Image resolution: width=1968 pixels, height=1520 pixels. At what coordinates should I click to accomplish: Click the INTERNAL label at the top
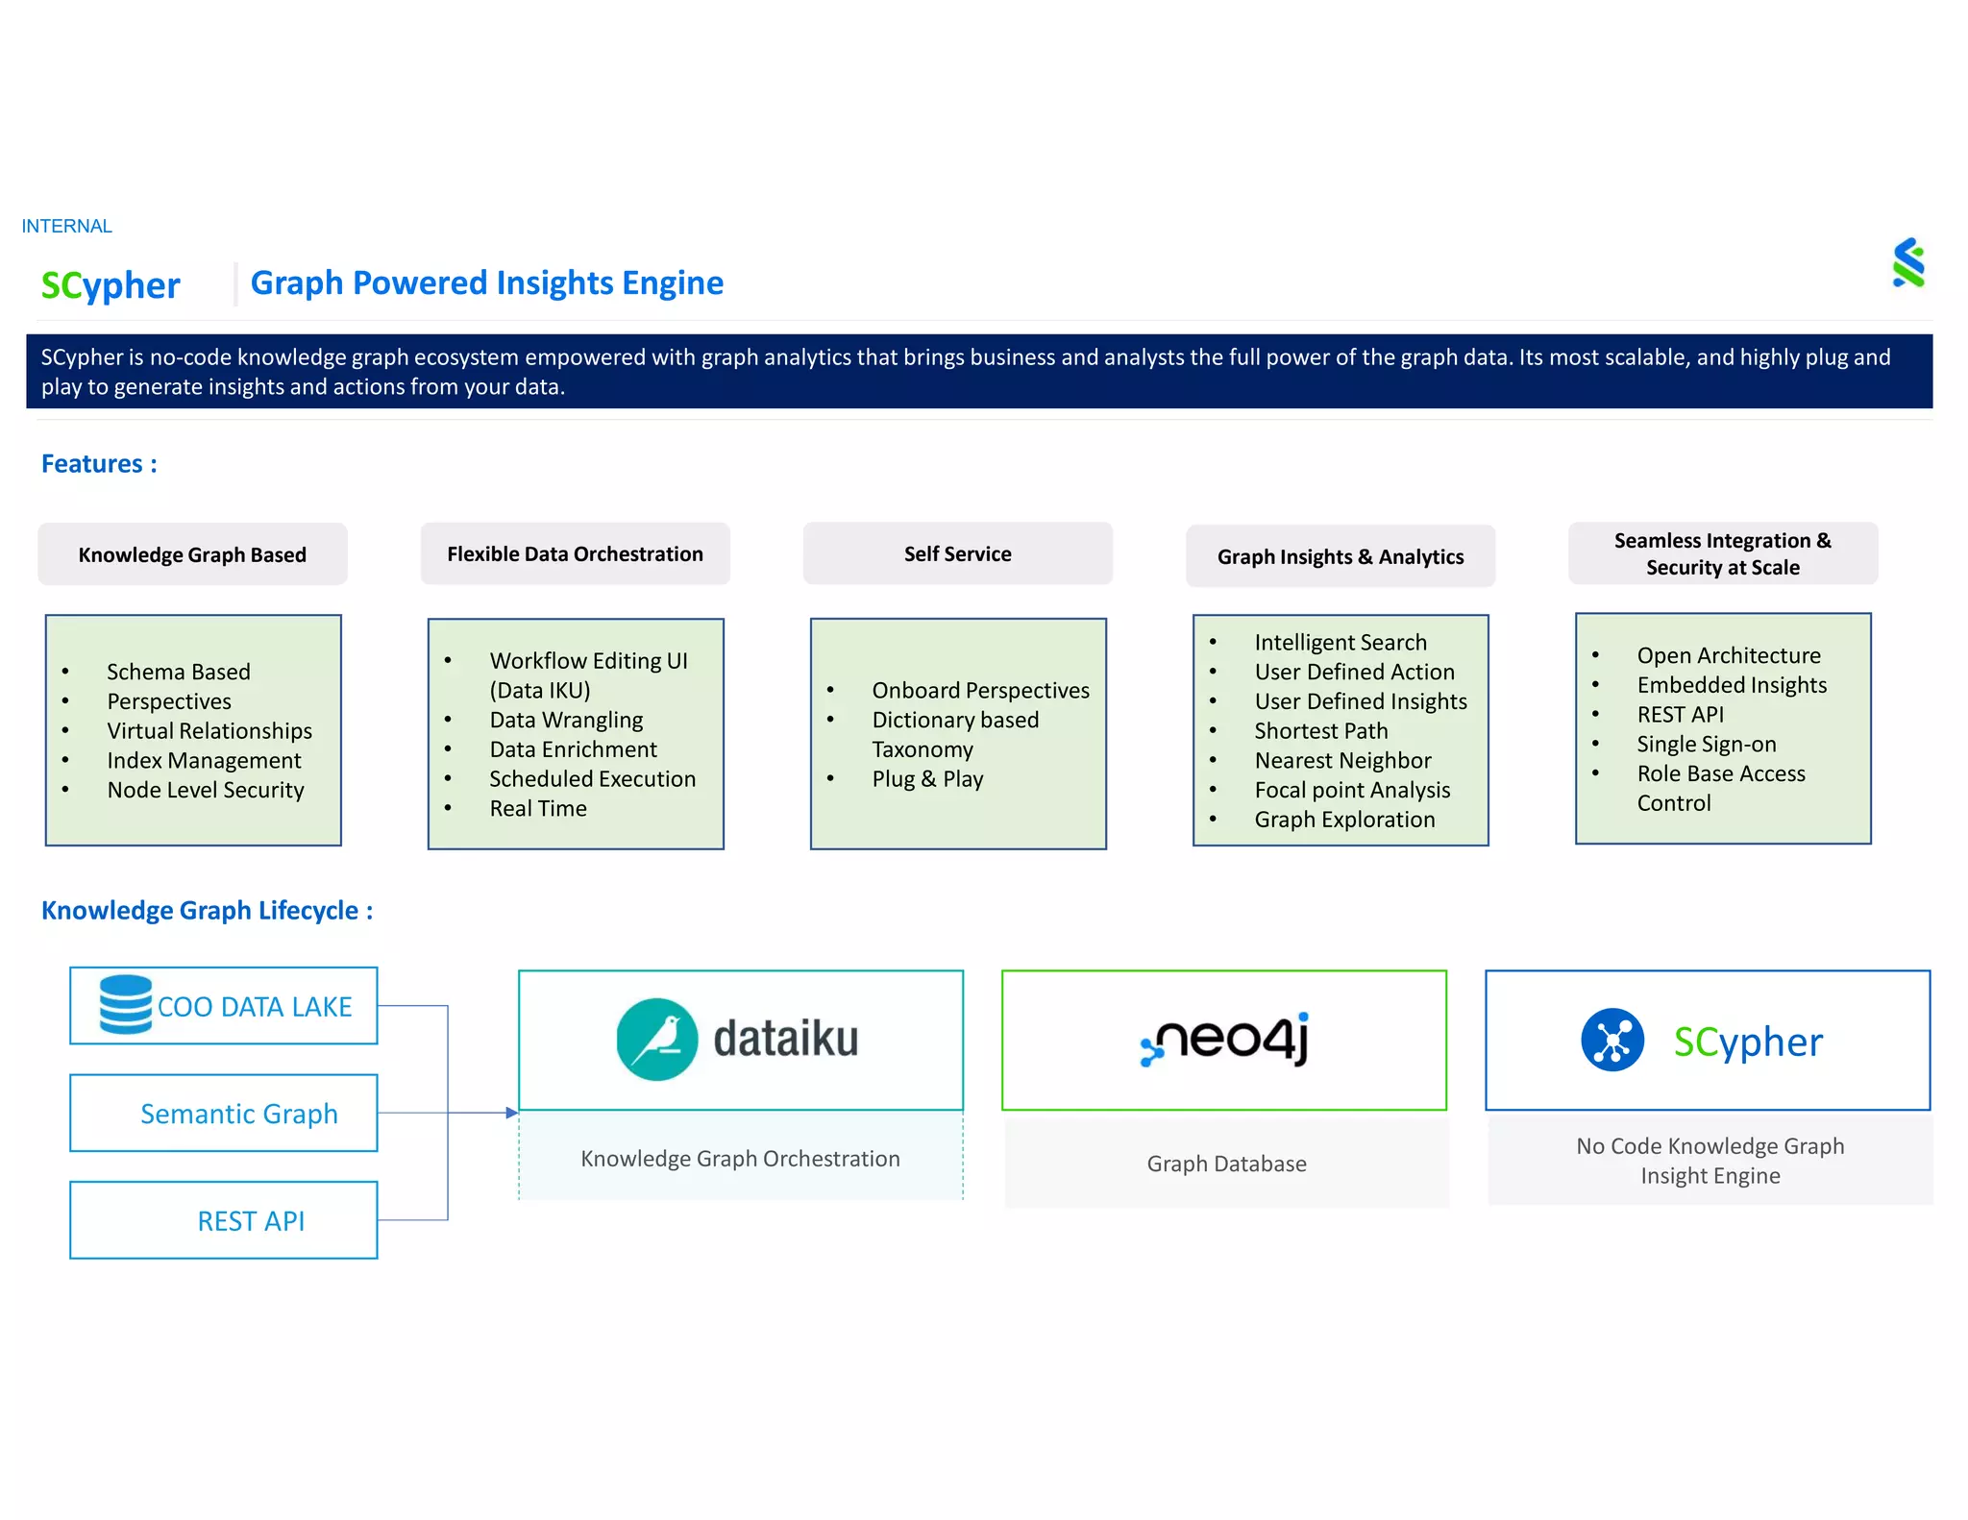coord(66,226)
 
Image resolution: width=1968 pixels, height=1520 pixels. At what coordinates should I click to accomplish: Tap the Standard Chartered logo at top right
coord(1907,263)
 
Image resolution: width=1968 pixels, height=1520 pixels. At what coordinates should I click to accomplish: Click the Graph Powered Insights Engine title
coord(486,282)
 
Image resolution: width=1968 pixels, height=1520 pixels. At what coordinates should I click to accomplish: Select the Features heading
coord(99,464)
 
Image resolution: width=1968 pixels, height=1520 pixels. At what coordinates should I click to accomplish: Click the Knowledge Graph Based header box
coord(192,554)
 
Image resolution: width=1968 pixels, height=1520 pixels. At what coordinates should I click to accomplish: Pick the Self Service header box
coord(957,553)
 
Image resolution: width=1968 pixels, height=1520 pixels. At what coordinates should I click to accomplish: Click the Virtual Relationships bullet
coord(209,730)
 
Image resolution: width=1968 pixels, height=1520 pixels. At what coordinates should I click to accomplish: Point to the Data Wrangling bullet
coord(565,720)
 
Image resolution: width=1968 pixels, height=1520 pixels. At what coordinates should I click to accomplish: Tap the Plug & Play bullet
coord(926,778)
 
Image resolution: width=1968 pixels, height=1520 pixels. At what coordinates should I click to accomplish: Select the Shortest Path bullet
coord(1320,730)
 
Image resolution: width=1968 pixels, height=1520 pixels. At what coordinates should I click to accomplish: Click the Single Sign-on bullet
coord(1706,744)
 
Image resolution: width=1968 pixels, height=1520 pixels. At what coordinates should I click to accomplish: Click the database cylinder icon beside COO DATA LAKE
coord(126,1004)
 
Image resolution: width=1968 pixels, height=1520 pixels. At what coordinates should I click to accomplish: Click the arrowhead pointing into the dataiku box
coord(512,1113)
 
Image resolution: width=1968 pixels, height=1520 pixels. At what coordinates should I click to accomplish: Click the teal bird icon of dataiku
coord(657,1039)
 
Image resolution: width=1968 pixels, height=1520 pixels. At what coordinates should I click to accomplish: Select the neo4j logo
coord(1224,1039)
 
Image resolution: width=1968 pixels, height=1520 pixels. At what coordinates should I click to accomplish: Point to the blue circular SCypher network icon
coord(1611,1040)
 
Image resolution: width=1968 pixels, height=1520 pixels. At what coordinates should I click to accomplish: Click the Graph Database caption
coord(1226,1164)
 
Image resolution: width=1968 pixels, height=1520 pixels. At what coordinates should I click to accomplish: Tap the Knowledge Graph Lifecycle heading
coord(207,910)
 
